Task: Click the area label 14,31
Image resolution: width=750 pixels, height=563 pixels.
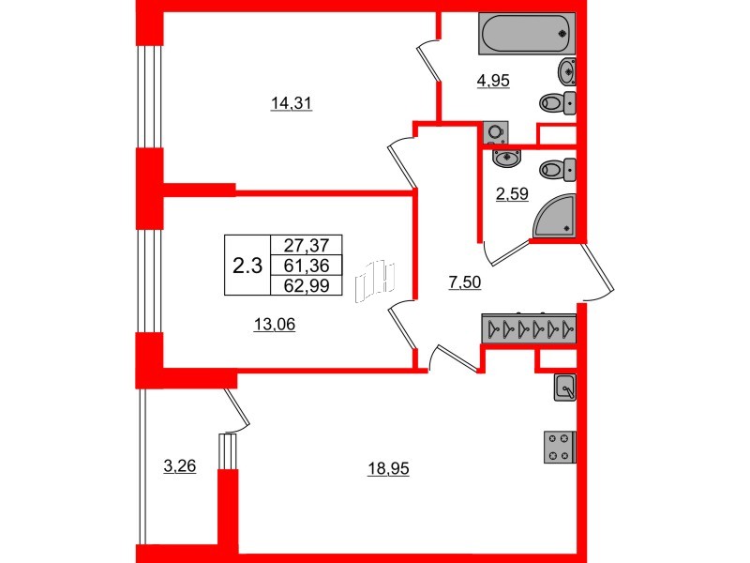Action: coord(291,105)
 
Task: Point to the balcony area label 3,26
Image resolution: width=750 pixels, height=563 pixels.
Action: coord(179,465)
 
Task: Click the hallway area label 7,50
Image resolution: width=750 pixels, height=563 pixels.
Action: coord(465,283)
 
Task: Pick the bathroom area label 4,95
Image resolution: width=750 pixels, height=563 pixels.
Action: coord(493,82)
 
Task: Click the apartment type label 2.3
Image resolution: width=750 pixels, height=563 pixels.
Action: coord(247,266)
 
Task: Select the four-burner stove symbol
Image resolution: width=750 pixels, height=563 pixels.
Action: coord(560,446)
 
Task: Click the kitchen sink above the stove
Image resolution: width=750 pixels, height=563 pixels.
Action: coord(565,386)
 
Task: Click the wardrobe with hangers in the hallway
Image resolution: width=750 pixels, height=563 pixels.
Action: coord(529,329)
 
